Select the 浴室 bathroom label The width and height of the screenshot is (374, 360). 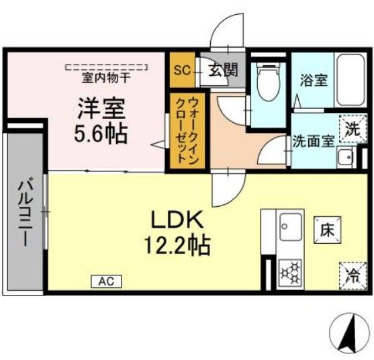click(x=314, y=81)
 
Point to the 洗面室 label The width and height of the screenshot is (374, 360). click(x=312, y=142)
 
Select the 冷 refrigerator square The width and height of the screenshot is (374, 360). click(x=352, y=273)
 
